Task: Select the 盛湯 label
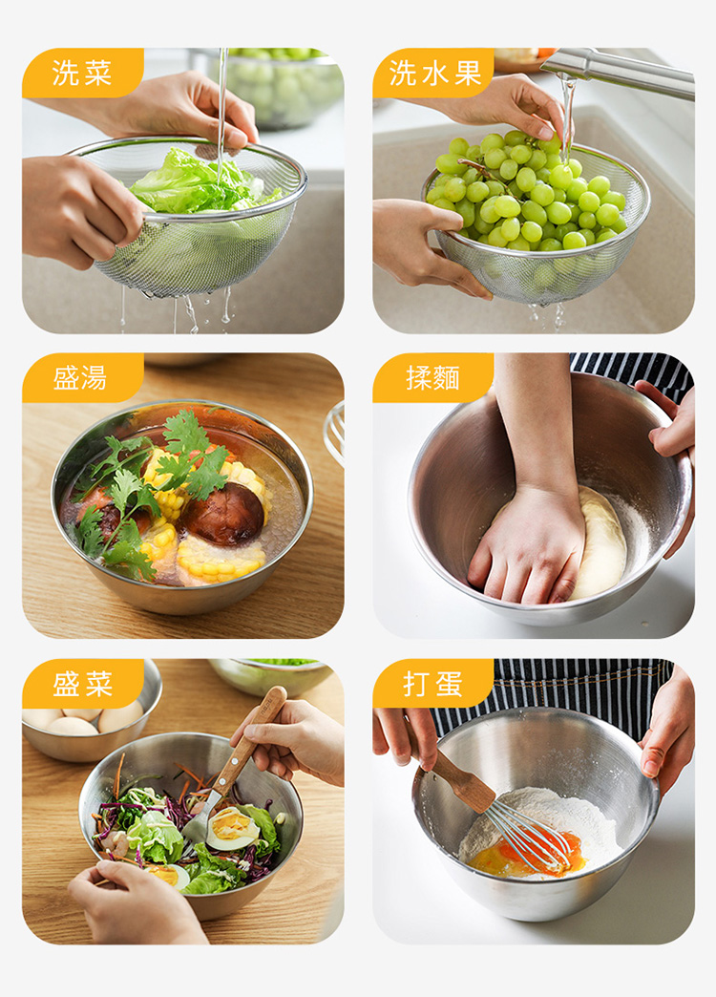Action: tap(80, 378)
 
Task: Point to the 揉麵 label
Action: tap(432, 378)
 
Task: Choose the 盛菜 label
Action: tap(82, 684)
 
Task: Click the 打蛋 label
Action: tap(432, 684)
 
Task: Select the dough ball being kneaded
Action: tap(598, 543)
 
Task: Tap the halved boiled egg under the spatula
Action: tap(233, 829)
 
